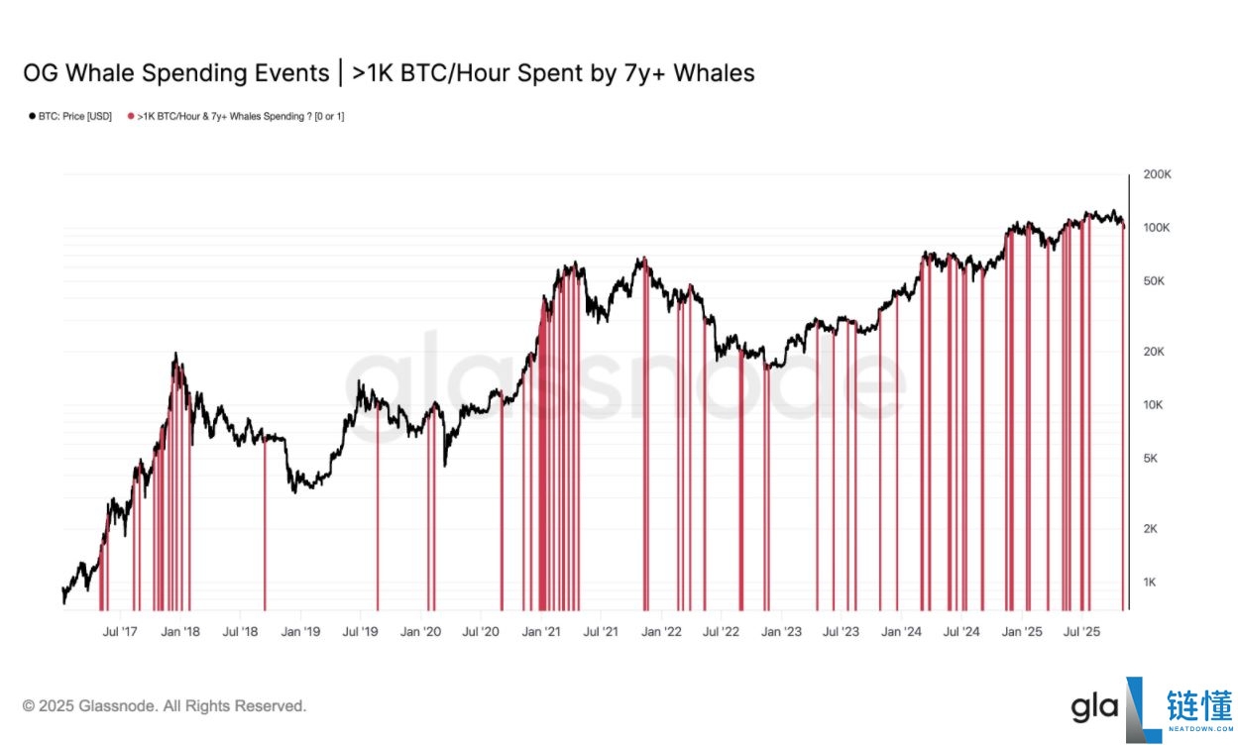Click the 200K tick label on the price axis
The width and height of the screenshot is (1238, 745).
[1157, 174]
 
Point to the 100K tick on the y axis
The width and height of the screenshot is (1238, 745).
[1156, 228]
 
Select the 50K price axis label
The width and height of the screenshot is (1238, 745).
[1154, 281]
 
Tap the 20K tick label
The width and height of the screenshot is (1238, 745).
[1154, 352]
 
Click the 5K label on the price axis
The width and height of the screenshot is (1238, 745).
[1150, 459]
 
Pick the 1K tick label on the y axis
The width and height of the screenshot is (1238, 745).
[1150, 583]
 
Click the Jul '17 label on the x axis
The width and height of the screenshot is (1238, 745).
[120, 632]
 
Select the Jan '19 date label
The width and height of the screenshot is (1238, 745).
[300, 632]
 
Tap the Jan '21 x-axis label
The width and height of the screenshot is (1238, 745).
[541, 632]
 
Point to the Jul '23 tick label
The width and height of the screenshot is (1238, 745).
[842, 632]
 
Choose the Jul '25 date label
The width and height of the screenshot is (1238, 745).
[1081, 632]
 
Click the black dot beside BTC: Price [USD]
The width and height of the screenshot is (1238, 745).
[32, 117]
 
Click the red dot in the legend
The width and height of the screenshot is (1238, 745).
[131, 117]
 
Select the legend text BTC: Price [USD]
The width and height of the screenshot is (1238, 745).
[75, 117]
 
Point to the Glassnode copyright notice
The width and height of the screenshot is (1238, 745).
[165, 706]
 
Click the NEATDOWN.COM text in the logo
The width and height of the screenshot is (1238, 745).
[1201, 729]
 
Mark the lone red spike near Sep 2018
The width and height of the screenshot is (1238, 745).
[265, 522]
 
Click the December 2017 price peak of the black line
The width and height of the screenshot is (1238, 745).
[175, 354]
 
